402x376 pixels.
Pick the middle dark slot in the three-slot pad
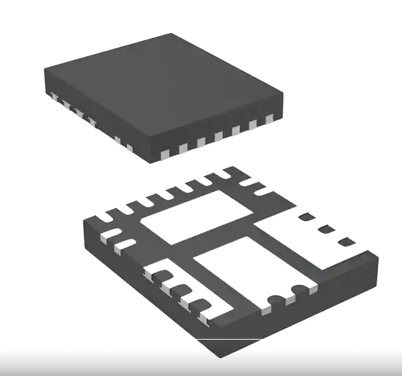(x=326, y=228)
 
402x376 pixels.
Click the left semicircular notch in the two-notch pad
(x=275, y=299)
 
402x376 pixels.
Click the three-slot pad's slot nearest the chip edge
(x=347, y=241)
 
